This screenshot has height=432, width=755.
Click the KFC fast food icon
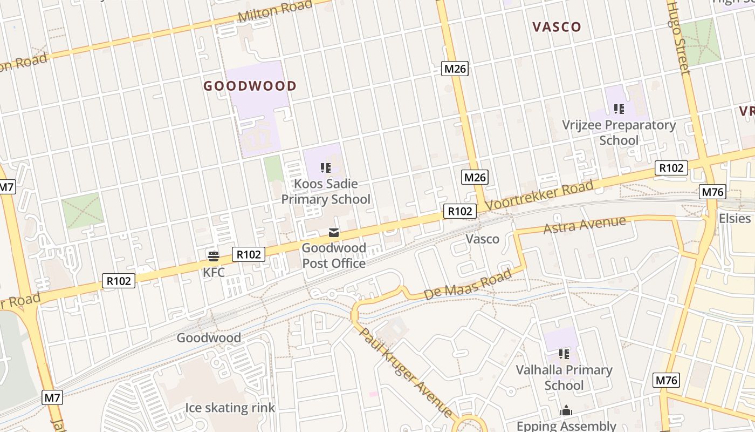(x=214, y=255)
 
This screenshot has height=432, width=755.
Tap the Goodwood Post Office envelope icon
(x=334, y=233)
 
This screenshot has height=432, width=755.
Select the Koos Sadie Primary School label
(x=326, y=192)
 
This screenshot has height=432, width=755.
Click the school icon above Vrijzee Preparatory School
(x=619, y=109)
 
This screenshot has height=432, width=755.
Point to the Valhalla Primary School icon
(x=564, y=354)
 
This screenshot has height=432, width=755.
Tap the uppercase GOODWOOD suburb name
(x=250, y=86)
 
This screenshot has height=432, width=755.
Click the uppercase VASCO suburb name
(x=557, y=27)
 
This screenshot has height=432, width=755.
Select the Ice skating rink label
(x=230, y=408)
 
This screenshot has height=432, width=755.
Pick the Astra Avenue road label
(x=585, y=225)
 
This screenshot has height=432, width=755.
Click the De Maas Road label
(x=467, y=285)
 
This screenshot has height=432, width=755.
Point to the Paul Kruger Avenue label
(x=406, y=372)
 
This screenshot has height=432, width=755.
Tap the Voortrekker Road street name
(x=539, y=195)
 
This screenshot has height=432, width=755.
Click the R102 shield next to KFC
(x=249, y=254)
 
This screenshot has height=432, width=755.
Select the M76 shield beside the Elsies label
(x=713, y=192)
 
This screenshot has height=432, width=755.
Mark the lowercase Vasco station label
(x=482, y=239)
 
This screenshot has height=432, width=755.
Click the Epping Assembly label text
(x=566, y=426)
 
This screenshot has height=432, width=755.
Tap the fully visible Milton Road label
(x=275, y=12)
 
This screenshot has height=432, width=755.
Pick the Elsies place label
(x=735, y=218)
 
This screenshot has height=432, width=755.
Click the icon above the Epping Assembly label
(x=566, y=410)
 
